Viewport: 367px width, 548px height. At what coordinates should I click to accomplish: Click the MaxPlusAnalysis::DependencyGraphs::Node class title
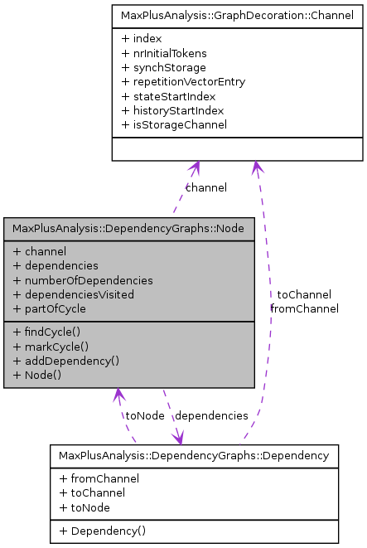(129, 228)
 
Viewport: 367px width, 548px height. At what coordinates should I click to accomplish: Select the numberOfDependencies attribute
(83, 279)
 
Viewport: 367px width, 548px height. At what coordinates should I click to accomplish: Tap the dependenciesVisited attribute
(79, 293)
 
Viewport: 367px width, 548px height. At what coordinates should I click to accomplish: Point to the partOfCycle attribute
(55, 308)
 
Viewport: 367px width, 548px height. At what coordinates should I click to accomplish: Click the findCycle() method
(53, 332)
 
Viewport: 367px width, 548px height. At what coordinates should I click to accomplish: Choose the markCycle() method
(55, 346)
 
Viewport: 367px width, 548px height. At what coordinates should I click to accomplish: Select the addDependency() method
(66, 360)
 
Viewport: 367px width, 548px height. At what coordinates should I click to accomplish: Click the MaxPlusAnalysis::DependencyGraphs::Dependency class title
(194, 455)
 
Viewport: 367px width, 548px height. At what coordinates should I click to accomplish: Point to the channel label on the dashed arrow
(206, 187)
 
